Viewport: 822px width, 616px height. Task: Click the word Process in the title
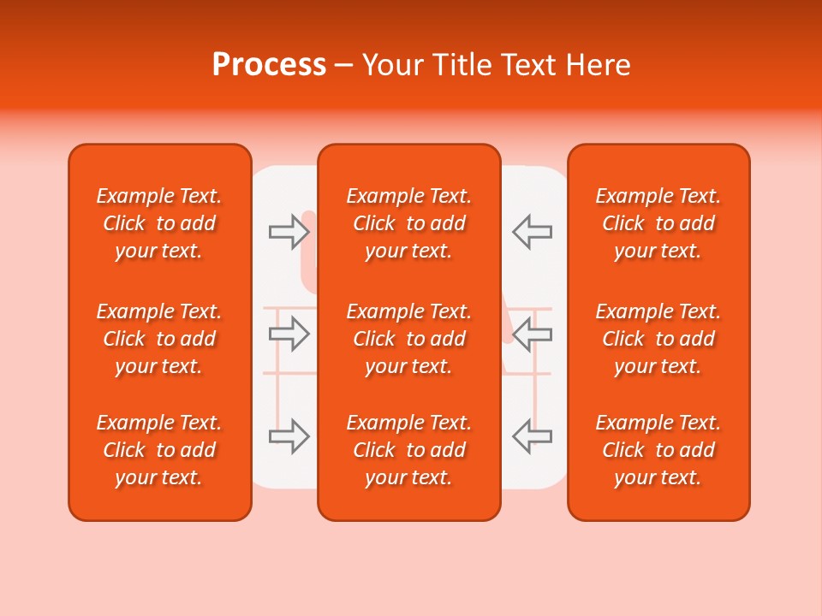[269, 65]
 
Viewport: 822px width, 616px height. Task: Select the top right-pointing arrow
[289, 231]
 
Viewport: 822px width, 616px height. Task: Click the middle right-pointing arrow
[289, 334]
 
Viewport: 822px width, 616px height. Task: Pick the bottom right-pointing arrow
[289, 436]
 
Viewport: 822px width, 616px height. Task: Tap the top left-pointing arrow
[532, 231]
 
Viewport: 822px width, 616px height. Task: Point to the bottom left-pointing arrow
[532, 436]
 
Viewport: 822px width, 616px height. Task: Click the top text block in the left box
[159, 223]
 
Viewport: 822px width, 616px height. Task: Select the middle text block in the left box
[159, 339]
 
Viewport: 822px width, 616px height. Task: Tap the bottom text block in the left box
[159, 450]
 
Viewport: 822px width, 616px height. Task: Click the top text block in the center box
[408, 223]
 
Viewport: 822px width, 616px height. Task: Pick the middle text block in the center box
[408, 339]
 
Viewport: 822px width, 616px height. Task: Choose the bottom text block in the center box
[408, 450]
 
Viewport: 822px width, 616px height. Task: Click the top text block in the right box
[658, 223]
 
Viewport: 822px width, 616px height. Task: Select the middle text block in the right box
[658, 339]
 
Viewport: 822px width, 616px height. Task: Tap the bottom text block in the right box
[658, 450]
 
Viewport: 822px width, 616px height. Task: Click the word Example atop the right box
[634, 197]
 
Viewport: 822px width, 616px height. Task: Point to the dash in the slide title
[344, 66]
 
